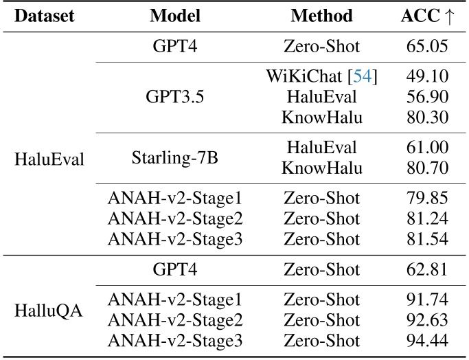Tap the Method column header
322,16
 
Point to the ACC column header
419,16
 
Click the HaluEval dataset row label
49,160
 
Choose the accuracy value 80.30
426,117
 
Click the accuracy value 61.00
426,147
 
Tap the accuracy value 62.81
426,271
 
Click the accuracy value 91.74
426,300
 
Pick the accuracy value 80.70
426,167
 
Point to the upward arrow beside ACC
450,16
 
